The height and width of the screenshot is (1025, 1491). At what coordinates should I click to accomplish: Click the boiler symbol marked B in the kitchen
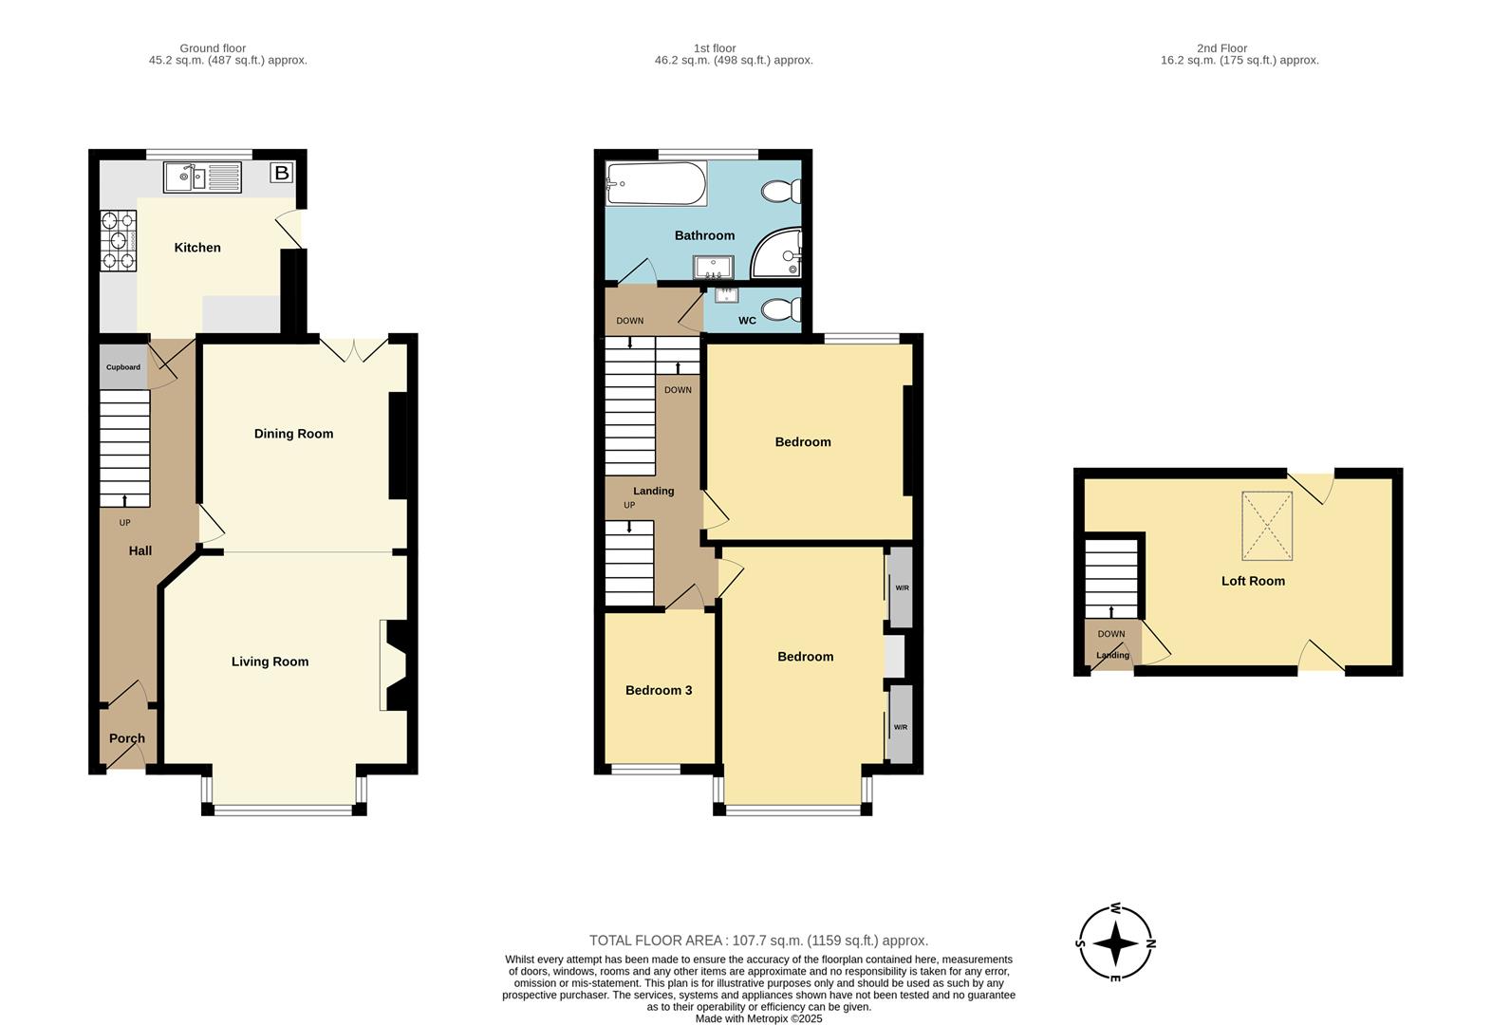281,173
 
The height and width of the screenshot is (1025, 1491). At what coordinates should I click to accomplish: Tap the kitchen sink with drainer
202,177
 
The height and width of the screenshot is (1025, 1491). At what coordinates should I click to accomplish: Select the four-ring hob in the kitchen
119,241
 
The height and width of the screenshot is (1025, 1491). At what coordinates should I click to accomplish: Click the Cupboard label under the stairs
123,367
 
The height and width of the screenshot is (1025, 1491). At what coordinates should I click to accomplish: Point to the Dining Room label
293,434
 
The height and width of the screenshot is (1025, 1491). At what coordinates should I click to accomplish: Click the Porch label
127,738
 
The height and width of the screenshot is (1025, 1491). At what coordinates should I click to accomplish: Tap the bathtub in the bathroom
656,183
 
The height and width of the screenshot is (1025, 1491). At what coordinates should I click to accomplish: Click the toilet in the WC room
782,309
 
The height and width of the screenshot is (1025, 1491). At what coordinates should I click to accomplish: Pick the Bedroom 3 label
659,690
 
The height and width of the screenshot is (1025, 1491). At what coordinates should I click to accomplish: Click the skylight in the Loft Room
1267,526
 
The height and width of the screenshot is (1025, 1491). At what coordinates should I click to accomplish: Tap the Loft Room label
1253,581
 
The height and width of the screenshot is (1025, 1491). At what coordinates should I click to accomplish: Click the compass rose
1116,943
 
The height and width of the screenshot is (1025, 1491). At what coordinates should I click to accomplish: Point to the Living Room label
270,662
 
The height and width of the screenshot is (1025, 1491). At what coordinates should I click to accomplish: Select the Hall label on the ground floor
140,550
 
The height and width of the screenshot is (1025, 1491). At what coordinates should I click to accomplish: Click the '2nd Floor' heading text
1221,48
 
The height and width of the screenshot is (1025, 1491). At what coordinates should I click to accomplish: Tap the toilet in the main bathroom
781,192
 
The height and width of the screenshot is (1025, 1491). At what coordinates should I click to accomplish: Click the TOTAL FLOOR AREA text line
758,941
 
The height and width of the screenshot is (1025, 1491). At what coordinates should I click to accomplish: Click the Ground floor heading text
213,48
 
